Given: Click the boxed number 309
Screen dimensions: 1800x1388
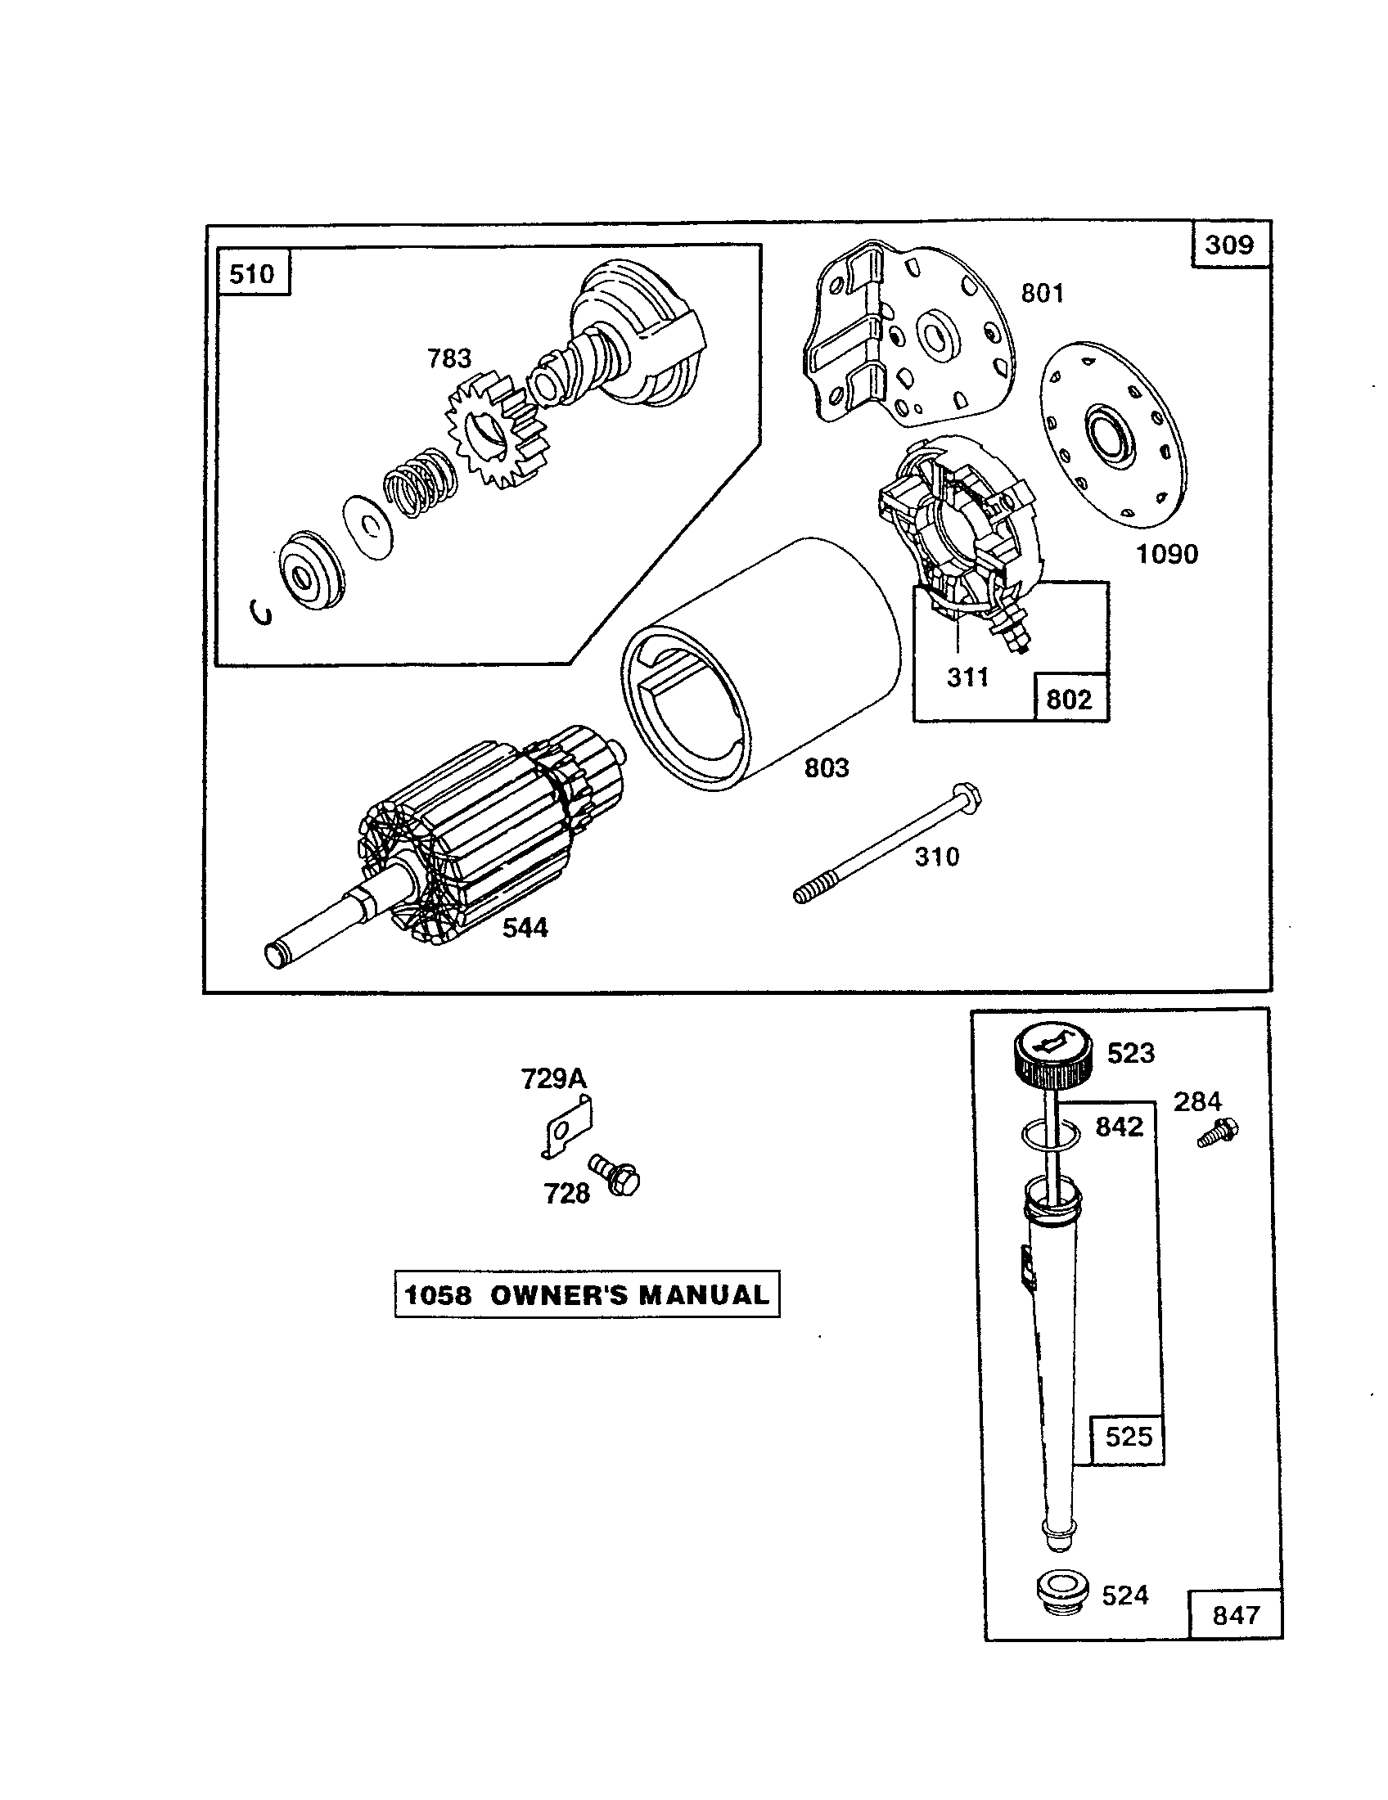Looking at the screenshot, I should (1228, 245).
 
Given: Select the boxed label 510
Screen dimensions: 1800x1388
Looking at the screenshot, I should (251, 272).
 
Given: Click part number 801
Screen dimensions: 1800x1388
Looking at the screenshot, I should (1042, 293).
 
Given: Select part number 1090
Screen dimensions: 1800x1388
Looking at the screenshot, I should (1166, 554).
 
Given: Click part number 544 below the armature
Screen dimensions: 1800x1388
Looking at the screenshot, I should (525, 928).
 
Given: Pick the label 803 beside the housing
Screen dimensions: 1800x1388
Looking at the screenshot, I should (826, 767).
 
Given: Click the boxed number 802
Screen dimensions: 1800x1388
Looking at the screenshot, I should (1068, 699).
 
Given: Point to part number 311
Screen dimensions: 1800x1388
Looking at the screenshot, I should (967, 677).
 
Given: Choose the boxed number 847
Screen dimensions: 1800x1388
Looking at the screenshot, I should (1235, 1614).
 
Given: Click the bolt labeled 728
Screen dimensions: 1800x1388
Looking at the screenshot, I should (616, 1177).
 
